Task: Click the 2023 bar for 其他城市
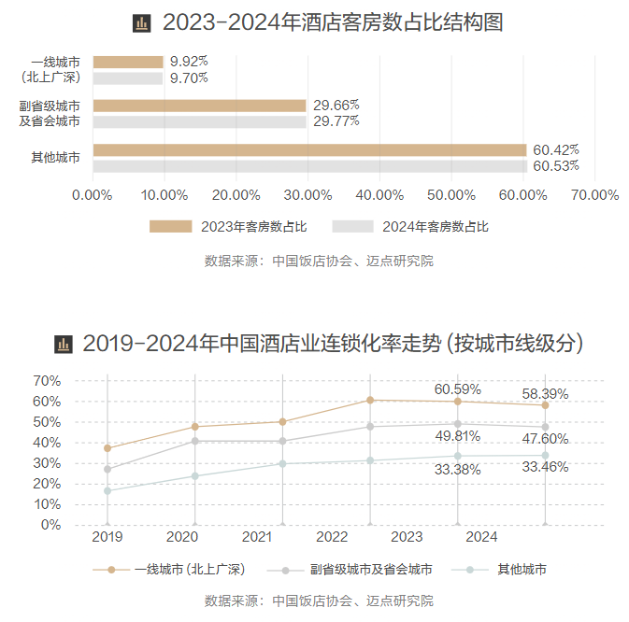(x=309, y=149)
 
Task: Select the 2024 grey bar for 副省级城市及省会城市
(x=199, y=121)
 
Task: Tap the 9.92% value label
(x=190, y=62)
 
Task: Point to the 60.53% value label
(x=556, y=166)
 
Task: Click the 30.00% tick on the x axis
(x=307, y=195)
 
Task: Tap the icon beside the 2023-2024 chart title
(x=141, y=22)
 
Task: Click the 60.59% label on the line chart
(x=458, y=389)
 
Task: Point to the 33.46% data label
(x=545, y=467)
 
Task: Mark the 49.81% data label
(x=458, y=435)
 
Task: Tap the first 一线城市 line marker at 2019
(x=107, y=448)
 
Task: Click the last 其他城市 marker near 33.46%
(x=545, y=456)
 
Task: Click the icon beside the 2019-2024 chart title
(x=64, y=345)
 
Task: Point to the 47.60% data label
(x=545, y=439)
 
